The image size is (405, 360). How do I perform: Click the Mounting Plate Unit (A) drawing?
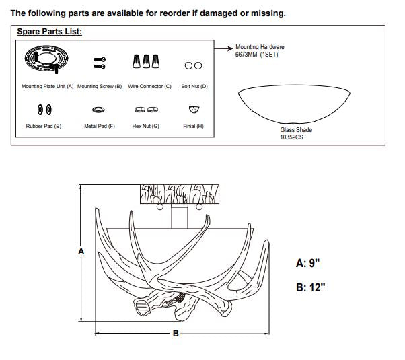46,59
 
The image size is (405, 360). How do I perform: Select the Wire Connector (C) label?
149,86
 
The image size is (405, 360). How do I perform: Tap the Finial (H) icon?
194,110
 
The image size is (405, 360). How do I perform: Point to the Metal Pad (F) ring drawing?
98,110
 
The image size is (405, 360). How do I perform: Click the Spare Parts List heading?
49,32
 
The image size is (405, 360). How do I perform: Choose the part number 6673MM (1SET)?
256,55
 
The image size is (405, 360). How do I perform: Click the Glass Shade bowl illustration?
294,104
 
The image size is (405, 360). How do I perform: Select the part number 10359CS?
291,137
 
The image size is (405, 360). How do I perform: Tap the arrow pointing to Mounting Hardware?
223,48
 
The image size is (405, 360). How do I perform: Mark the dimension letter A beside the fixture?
81,251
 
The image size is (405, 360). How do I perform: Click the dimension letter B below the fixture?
176,333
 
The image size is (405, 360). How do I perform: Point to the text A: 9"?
307,263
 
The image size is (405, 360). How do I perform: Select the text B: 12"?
310,287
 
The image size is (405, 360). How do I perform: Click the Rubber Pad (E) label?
44,126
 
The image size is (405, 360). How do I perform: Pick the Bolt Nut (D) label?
194,86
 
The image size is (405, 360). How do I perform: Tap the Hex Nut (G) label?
146,126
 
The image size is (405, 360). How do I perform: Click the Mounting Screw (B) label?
100,86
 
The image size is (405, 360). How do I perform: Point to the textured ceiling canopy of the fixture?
180,194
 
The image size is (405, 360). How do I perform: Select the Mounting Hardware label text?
260,47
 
